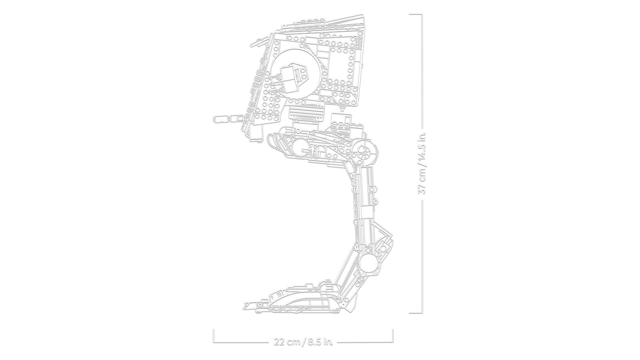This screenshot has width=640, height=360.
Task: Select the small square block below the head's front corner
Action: coord(256,130)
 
